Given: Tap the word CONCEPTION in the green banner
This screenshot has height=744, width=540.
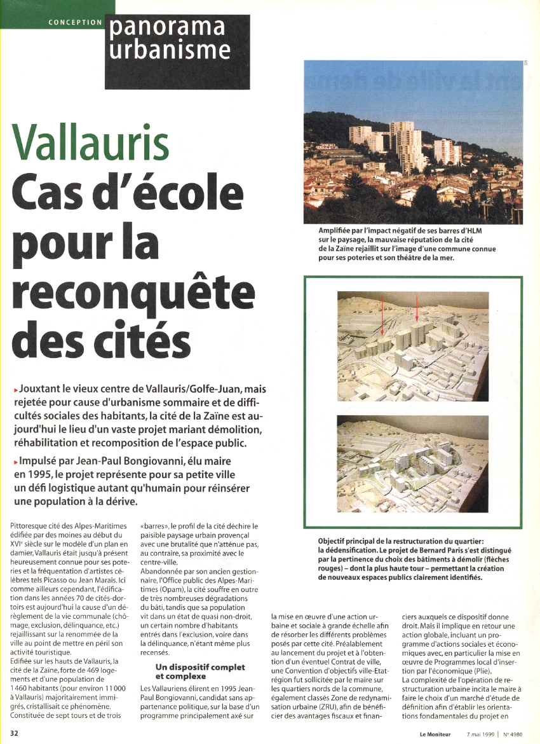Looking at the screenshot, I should [75, 22].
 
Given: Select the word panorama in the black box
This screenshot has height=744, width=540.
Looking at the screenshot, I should [167, 27].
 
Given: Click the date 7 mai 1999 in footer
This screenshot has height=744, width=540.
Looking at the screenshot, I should [480, 733].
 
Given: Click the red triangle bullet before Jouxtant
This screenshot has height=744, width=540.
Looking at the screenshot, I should [15, 389].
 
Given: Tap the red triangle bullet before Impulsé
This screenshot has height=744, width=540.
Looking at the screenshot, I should [15, 462].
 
